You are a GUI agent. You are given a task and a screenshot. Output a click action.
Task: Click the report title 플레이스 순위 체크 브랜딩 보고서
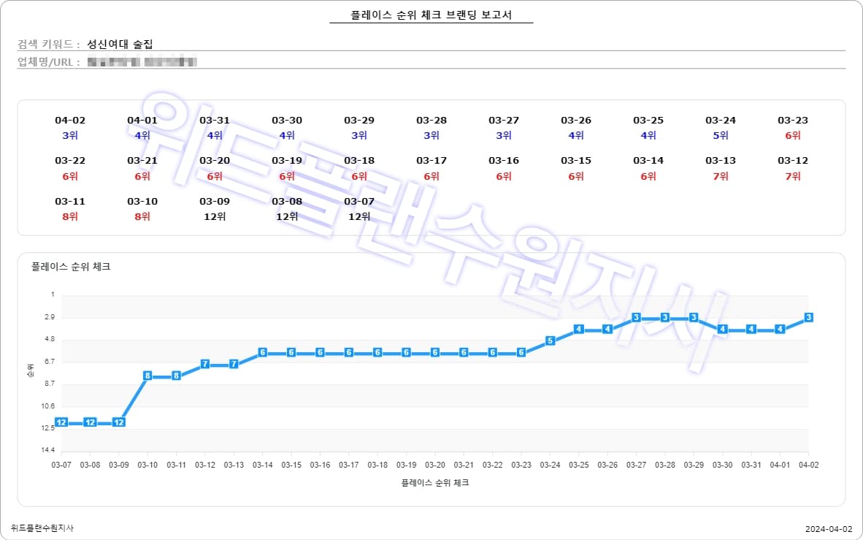(x=431, y=15)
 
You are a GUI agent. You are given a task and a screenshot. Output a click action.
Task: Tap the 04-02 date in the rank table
(x=70, y=121)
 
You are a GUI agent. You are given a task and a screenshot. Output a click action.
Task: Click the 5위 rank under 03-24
(x=720, y=135)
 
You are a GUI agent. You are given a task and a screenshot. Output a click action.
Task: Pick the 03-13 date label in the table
(x=720, y=161)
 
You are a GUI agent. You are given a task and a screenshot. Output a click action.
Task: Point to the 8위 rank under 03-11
(x=70, y=216)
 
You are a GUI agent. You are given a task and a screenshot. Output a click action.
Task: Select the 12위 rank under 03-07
(x=358, y=216)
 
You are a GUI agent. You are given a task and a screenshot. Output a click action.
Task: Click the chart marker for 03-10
(x=147, y=376)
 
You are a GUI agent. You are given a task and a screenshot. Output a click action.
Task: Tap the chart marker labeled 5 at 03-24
(x=550, y=341)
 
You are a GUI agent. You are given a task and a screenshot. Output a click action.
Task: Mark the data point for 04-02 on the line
(x=808, y=317)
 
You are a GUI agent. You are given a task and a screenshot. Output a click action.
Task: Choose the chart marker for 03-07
(x=61, y=422)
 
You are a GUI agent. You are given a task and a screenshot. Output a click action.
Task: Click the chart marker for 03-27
(x=636, y=317)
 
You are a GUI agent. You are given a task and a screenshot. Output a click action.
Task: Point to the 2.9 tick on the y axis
(x=48, y=318)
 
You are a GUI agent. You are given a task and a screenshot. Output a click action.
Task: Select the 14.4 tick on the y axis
(x=48, y=450)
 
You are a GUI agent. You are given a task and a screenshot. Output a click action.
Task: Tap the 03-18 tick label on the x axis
(x=377, y=465)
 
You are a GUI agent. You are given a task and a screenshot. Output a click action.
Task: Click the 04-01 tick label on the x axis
(x=780, y=465)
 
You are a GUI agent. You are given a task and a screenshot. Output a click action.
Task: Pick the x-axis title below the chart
(x=434, y=483)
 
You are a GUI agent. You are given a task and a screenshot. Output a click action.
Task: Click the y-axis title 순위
(x=29, y=371)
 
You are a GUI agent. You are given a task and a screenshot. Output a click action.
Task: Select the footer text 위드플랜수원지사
(x=42, y=528)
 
